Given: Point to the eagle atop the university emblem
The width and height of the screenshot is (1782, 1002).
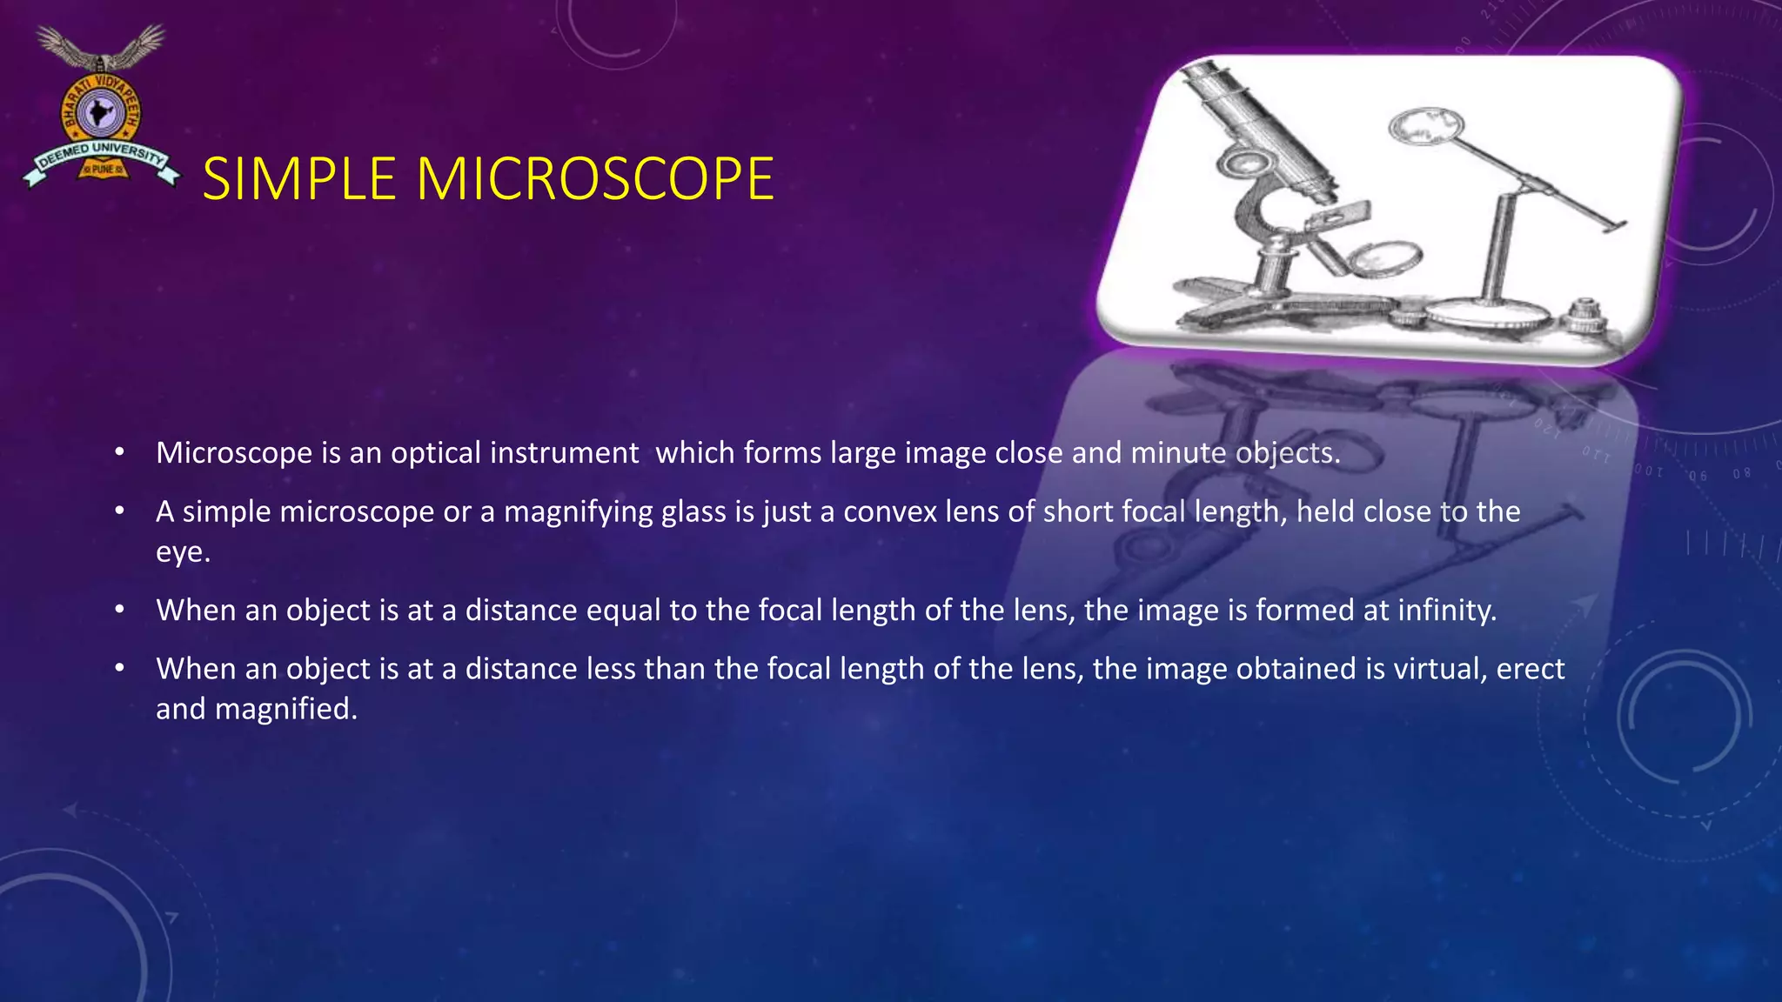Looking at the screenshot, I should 101,48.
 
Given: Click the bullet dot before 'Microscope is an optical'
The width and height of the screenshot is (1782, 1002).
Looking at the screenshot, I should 120,453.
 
